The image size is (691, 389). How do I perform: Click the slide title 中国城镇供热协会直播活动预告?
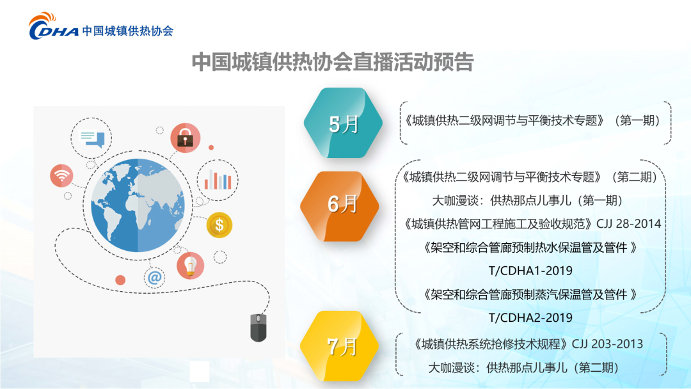point(333,61)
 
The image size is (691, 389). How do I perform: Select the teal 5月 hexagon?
point(344,123)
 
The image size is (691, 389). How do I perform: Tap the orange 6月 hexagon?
point(340,206)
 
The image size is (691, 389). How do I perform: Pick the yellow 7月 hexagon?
point(340,346)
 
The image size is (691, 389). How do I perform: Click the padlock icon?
point(186,138)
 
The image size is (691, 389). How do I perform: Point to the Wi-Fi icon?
point(61,175)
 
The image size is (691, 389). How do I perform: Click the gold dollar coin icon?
point(219,225)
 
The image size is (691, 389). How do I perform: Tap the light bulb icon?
point(191,266)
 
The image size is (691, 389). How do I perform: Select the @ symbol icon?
point(155,278)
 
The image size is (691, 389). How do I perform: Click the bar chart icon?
point(218,180)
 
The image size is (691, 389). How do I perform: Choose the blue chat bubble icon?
point(91,138)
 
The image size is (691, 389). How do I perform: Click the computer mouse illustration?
point(258,328)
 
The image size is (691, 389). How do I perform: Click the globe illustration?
point(138,205)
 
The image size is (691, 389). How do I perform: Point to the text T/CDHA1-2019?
point(530,271)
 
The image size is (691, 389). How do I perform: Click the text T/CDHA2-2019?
point(530,317)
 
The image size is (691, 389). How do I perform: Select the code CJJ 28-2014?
point(629,224)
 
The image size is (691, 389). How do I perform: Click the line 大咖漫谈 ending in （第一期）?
point(527,200)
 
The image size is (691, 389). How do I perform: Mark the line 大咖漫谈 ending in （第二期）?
point(523,367)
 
